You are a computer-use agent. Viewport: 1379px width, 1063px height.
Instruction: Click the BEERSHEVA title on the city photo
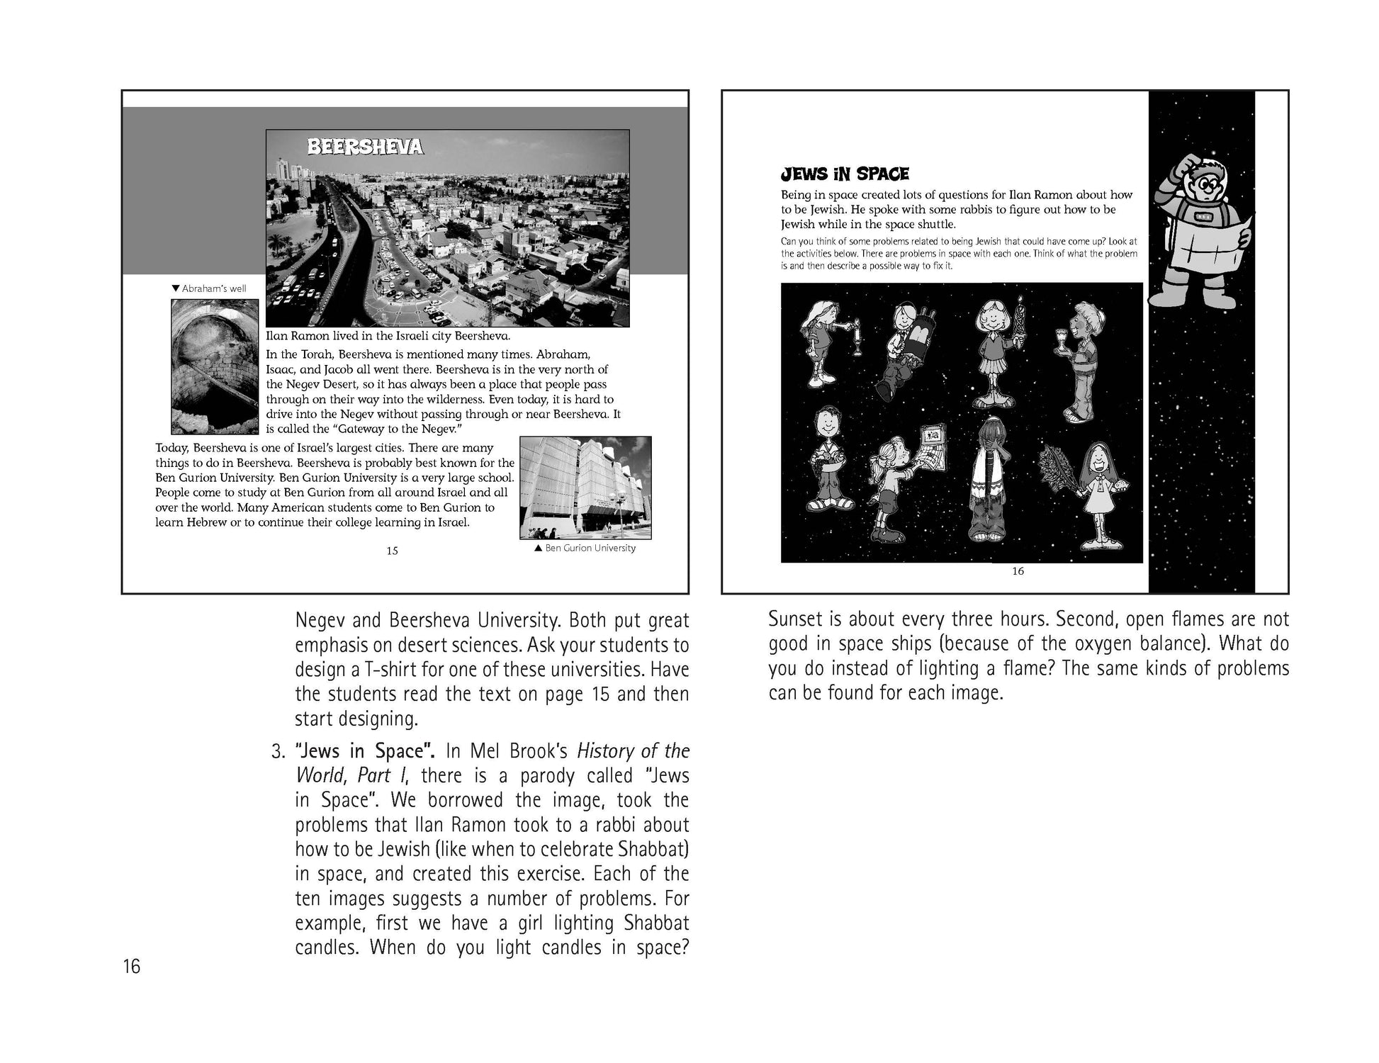coord(365,147)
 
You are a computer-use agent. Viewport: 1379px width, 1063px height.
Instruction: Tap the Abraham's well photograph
coord(215,366)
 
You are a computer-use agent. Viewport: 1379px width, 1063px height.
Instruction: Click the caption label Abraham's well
coord(210,288)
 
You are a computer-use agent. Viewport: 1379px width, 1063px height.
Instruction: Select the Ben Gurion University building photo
coord(585,488)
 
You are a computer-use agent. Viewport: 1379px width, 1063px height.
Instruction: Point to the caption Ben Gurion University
coord(585,548)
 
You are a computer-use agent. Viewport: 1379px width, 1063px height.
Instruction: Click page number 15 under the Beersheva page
coord(392,551)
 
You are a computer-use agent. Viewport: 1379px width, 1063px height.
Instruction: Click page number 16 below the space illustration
coord(1018,571)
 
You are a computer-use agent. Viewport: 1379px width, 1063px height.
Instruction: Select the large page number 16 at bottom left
coord(132,966)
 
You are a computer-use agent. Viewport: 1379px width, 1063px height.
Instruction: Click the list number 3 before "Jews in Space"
coord(278,751)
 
